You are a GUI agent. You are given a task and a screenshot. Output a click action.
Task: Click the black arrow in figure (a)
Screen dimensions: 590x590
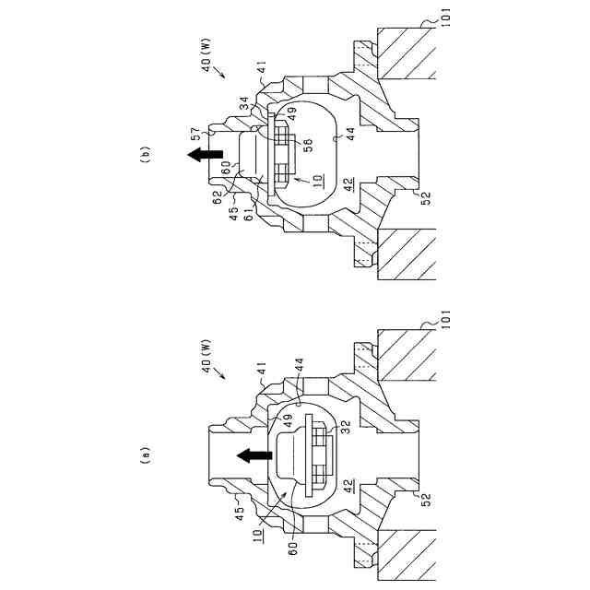250,454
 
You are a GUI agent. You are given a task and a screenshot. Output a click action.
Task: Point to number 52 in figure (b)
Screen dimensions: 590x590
427,197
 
